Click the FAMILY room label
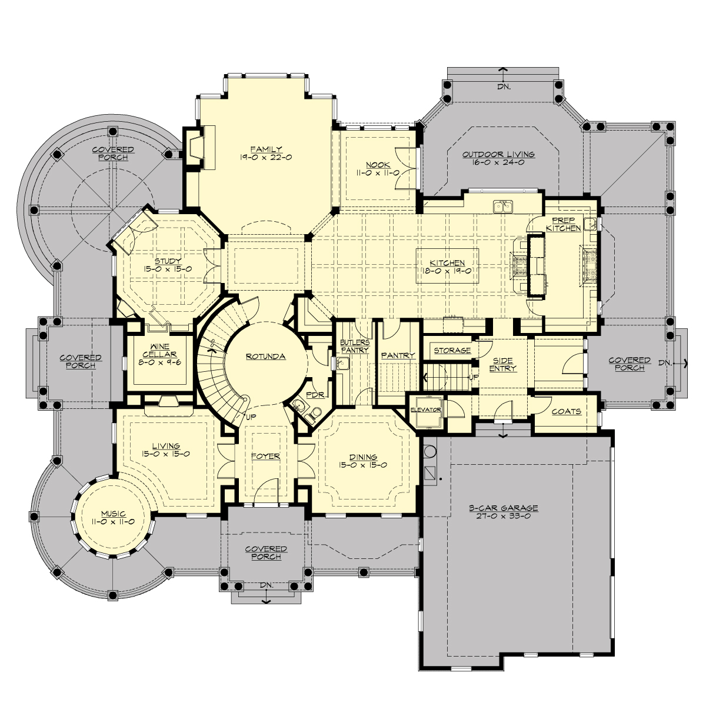pyautogui.click(x=266, y=149)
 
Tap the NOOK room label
pyautogui.click(x=378, y=165)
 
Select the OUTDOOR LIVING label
pyautogui.click(x=498, y=154)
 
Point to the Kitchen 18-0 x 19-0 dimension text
pyautogui.click(x=447, y=271)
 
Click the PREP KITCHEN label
pyautogui.click(x=563, y=224)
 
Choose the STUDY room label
pyautogui.click(x=168, y=261)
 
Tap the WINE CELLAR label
pyautogui.click(x=159, y=351)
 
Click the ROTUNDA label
pyautogui.click(x=266, y=357)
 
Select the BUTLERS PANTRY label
pyautogui.click(x=355, y=346)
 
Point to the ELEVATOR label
pyautogui.click(x=425, y=409)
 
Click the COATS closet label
pyautogui.click(x=566, y=411)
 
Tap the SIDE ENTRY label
pyautogui.click(x=502, y=364)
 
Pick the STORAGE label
pyautogui.click(x=452, y=351)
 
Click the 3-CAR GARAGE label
pyautogui.click(x=503, y=508)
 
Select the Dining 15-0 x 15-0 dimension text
pyautogui.click(x=363, y=465)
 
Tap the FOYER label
pyautogui.click(x=265, y=456)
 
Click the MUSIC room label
pyautogui.click(x=113, y=514)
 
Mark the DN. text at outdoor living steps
pyautogui.click(x=504, y=86)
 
